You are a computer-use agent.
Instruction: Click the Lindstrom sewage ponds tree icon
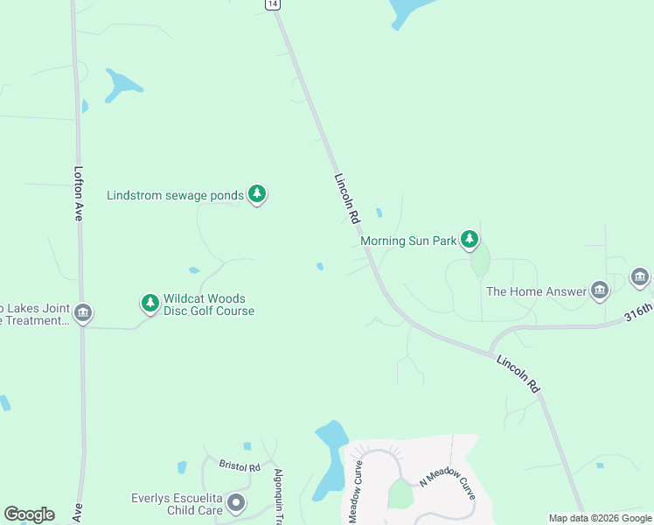pyautogui.click(x=256, y=194)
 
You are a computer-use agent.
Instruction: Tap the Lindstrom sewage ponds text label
pyautogui.click(x=175, y=195)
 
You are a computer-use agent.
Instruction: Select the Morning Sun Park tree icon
pyautogui.click(x=470, y=239)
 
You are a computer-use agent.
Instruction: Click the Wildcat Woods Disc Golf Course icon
pyautogui.click(x=150, y=304)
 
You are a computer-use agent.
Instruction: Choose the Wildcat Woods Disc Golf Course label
pyautogui.click(x=209, y=304)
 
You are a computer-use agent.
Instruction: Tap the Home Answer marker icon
pyautogui.click(x=599, y=290)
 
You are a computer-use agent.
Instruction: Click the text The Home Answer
pyautogui.click(x=536, y=291)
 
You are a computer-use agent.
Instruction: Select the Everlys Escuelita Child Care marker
pyautogui.click(x=235, y=503)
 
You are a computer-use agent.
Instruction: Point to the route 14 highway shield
pyautogui.click(x=274, y=4)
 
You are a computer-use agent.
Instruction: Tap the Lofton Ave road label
pyautogui.click(x=79, y=192)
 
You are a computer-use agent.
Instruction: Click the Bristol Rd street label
pyautogui.click(x=240, y=467)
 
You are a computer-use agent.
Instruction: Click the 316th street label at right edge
pyautogui.click(x=639, y=312)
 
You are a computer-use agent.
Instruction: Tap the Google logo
pyautogui.click(x=29, y=514)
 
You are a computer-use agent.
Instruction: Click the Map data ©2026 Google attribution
pyautogui.click(x=600, y=518)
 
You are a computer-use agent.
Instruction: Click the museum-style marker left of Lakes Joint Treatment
pyautogui.click(x=83, y=313)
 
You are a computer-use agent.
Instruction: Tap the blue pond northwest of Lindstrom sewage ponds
pyautogui.click(x=122, y=85)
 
